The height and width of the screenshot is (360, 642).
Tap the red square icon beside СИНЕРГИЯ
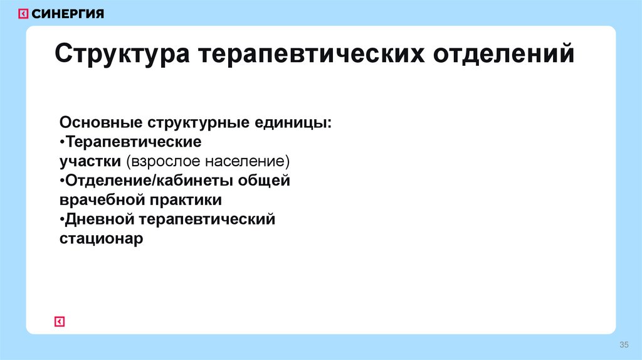23,14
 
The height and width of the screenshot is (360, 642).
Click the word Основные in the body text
101,121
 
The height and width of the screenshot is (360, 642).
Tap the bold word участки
90,161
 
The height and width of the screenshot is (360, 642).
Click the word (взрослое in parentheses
164,161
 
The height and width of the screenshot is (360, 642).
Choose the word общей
271,181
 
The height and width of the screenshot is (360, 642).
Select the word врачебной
101,200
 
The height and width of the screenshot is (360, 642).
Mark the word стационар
102,240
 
